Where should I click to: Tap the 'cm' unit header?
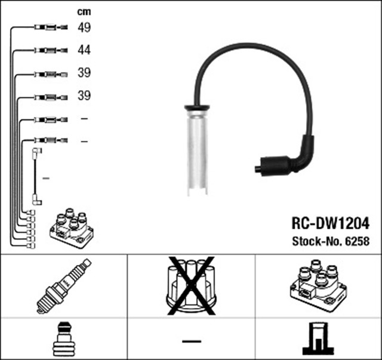click(x=84, y=11)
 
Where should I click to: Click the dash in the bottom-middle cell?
click(x=191, y=340)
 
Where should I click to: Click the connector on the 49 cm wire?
click(x=50, y=27)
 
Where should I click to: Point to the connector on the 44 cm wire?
click(x=50, y=50)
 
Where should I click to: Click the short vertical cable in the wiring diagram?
click(x=36, y=177)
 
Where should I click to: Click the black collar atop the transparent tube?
click(x=196, y=108)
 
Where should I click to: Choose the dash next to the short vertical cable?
click(x=47, y=178)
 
